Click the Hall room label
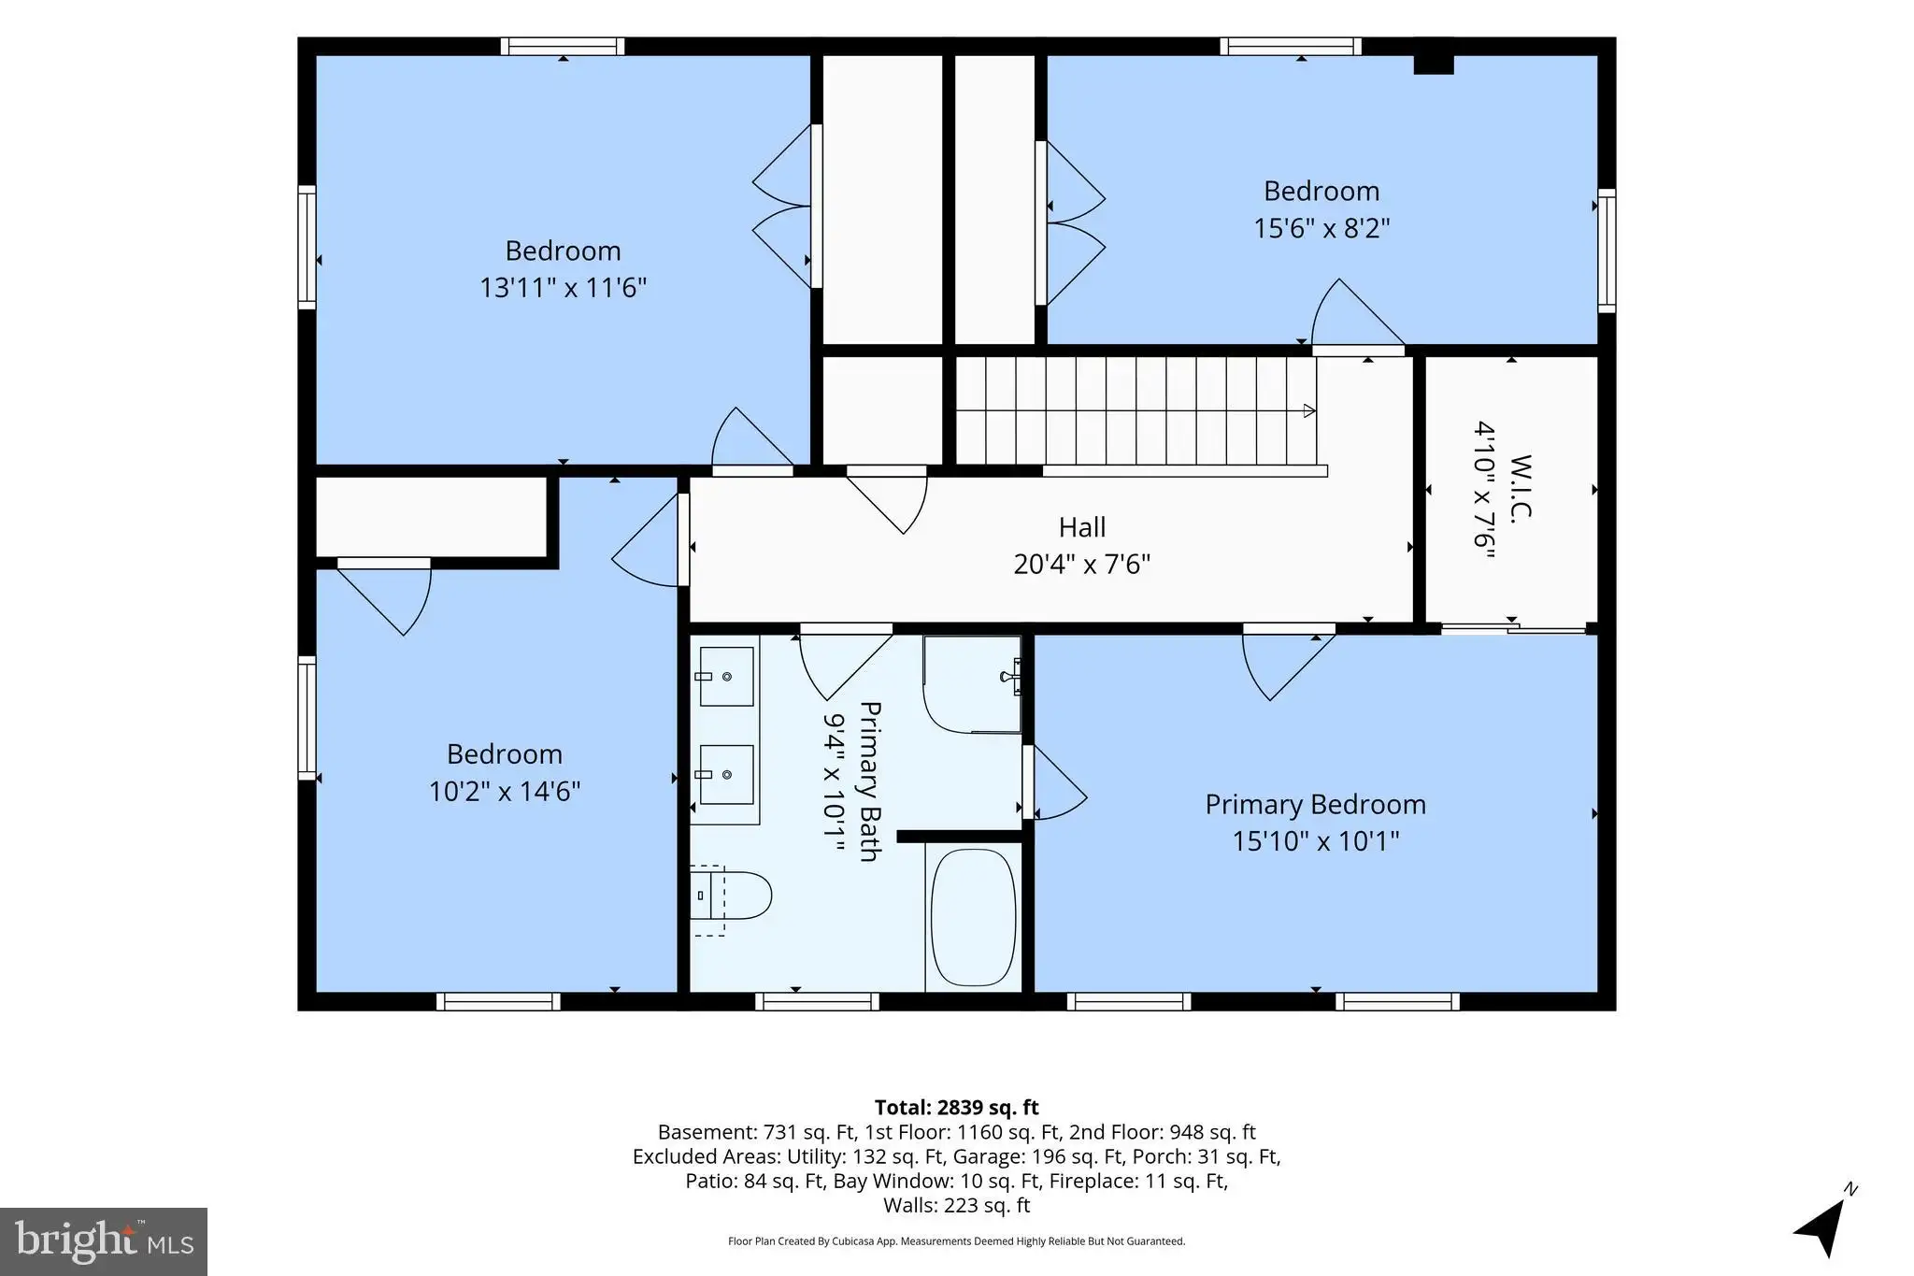(1082, 527)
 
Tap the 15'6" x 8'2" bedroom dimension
(1321, 228)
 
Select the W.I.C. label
(1521, 486)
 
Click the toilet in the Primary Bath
(731, 896)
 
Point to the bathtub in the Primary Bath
(974, 917)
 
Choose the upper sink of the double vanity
(726, 676)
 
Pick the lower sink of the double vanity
(726, 774)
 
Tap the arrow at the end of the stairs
(1310, 410)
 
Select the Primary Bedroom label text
(1315, 804)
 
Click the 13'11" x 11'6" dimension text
(563, 287)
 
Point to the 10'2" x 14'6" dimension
(505, 792)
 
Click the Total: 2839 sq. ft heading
(956, 1108)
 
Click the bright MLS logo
(104, 1241)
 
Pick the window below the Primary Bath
(817, 1001)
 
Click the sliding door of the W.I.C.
(1513, 628)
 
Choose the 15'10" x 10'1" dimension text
(1315, 841)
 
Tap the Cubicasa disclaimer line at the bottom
(956, 1241)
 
